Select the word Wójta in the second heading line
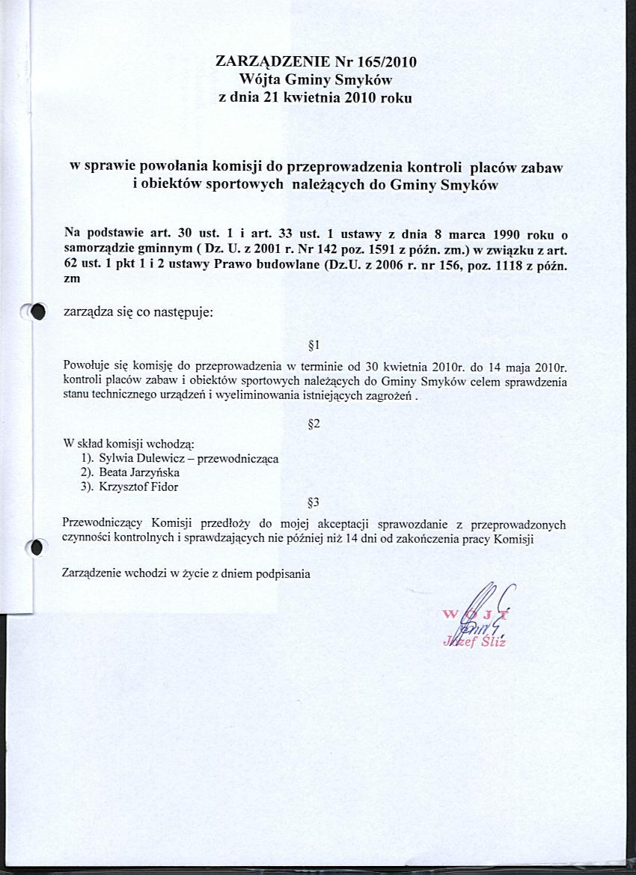[x=260, y=79]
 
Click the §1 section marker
[x=314, y=346]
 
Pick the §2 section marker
[x=314, y=424]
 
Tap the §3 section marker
[x=314, y=501]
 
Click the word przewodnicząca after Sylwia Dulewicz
[x=236, y=459]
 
